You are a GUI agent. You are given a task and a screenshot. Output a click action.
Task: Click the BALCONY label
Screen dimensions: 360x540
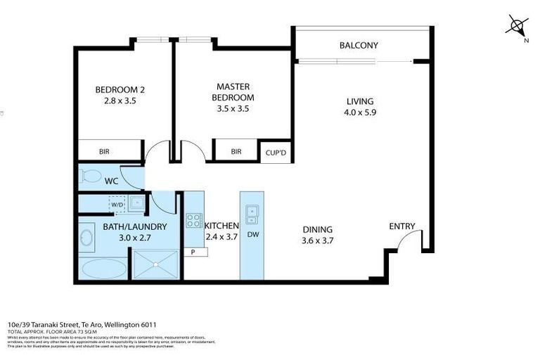[359, 46]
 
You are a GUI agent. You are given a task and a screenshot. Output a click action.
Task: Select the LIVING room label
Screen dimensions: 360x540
[359, 101]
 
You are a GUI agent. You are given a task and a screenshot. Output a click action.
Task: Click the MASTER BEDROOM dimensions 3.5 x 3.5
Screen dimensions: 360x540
[234, 108]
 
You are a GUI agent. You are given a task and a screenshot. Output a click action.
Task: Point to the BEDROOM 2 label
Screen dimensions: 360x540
[120, 89]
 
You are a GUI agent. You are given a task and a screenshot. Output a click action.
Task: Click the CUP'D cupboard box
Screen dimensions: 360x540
[275, 153]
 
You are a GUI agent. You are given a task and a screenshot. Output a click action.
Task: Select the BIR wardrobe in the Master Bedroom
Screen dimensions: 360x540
[236, 151]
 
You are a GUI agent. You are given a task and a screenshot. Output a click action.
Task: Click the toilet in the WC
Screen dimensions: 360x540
[91, 176]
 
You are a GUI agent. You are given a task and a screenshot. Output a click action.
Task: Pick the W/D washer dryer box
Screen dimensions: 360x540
[117, 205]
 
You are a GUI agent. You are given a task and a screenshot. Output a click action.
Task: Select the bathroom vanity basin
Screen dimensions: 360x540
[87, 238]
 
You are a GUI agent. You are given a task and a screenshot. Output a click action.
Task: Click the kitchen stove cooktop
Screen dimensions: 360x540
[193, 220]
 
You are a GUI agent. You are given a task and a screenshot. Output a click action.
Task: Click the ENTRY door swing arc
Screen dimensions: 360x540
[405, 243]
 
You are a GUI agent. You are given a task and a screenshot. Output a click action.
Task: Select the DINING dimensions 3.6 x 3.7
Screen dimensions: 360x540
[317, 240]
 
